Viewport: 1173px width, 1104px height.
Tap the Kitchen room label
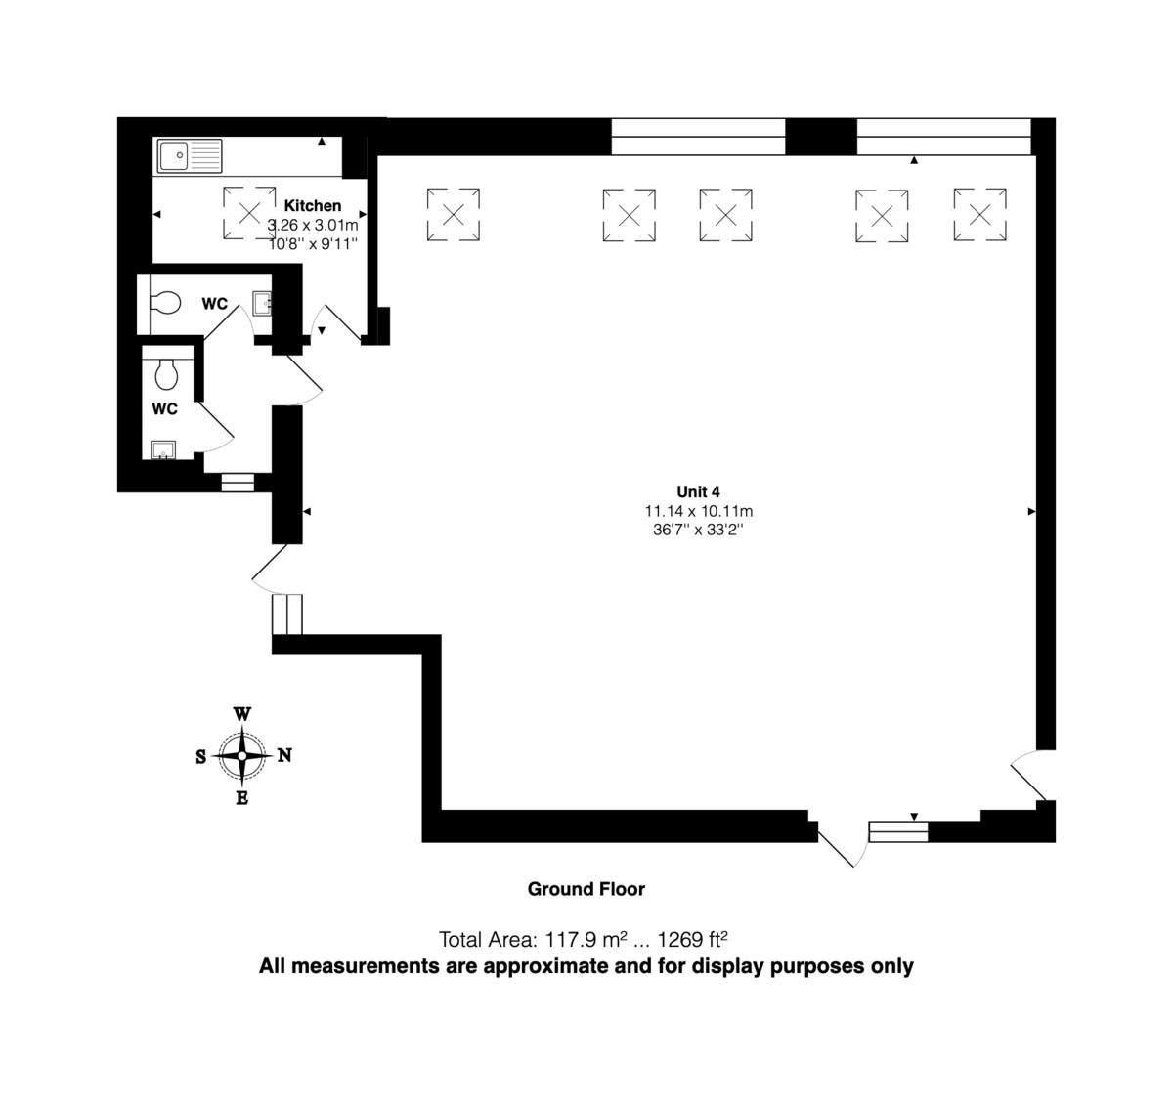pyautogui.click(x=313, y=206)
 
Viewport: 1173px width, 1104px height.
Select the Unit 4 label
pyautogui.click(x=698, y=491)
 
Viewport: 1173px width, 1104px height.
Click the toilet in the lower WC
pyautogui.click(x=166, y=373)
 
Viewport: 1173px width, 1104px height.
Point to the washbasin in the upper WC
pyautogui.click(x=262, y=304)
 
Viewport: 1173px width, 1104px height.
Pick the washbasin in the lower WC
pyautogui.click(x=163, y=449)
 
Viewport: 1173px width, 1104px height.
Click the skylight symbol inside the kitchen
pyautogui.click(x=249, y=213)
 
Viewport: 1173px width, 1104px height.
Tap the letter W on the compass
pyautogui.click(x=241, y=714)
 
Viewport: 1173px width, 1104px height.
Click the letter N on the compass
pyautogui.click(x=284, y=755)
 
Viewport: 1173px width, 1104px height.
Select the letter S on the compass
pyautogui.click(x=200, y=756)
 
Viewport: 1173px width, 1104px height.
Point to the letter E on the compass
pyautogui.click(x=241, y=798)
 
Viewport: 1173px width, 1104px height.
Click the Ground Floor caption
pyautogui.click(x=586, y=889)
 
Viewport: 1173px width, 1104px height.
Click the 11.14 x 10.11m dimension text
pyautogui.click(x=698, y=511)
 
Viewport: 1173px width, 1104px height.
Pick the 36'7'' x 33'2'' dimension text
pyautogui.click(x=698, y=530)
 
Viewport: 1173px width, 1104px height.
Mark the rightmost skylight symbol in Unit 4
pyautogui.click(x=980, y=215)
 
